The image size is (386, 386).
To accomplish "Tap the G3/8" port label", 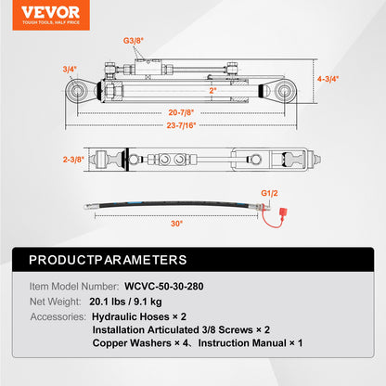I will coord(135,41).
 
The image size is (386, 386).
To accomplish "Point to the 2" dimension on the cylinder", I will coord(212,91).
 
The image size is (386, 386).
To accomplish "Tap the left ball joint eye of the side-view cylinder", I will coord(77,90).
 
